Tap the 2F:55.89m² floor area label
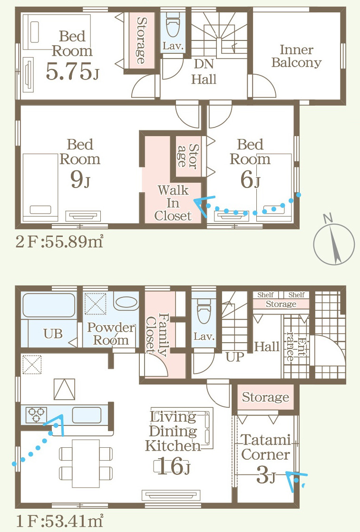[x=59, y=242]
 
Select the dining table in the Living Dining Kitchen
[x=86, y=463]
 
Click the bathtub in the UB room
[x=49, y=305]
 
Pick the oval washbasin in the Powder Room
[x=126, y=303]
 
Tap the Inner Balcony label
[x=296, y=56]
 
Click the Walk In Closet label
[x=173, y=203]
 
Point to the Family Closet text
[x=156, y=335]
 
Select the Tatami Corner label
[x=266, y=447]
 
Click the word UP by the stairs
[x=235, y=356]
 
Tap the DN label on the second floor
[x=204, y=64]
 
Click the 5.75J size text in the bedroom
[x=73, y=71]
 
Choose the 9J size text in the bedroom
[x=80, y=179]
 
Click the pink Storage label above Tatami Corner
[x=266, y=397]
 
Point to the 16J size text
[x=174, y=466]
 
